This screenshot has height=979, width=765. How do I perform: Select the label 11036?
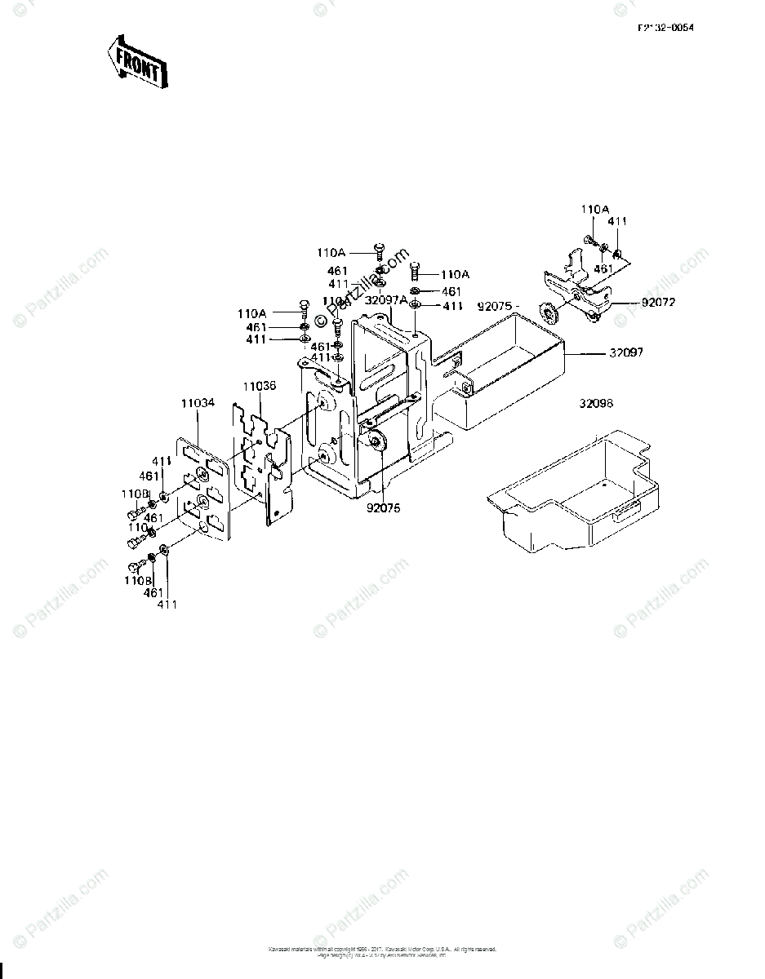coord(259,386)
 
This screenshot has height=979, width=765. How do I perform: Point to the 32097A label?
coord(385,300)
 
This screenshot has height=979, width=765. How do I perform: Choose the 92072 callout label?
coord(658,303)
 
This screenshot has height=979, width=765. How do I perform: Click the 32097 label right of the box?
coord(626,353)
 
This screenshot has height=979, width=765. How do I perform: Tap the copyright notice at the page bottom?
coord(382,951)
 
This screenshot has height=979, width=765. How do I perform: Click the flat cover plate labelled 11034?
coord(200,489)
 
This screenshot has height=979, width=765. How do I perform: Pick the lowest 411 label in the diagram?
coord(167,605)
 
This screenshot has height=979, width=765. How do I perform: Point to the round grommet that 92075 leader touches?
coord(376,442)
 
